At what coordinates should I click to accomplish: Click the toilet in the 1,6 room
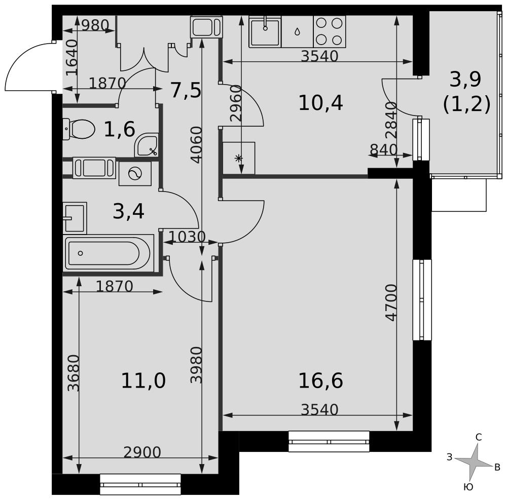(x=79, y=129)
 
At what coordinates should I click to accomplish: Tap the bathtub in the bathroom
(x=108, y=253)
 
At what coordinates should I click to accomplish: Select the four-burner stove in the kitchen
(x=329, y=31)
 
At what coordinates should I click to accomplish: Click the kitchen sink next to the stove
(x=265, y=31)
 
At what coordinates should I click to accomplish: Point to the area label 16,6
(x=320, y=380)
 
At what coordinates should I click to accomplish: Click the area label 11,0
(x=143, y=380)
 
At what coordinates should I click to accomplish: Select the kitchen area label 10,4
(x=320, y=103)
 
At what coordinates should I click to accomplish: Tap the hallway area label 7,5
(x=186, y=90)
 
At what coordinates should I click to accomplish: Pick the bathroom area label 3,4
(x=128, y=212)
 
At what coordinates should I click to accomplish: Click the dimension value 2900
(x=142, y=452)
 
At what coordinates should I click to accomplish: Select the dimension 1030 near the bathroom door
(x=187, y=237)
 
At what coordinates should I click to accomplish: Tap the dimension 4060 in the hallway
(x=196, y=145)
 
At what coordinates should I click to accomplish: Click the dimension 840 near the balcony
(x=383, y=149)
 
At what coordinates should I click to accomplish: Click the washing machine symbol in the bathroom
(x=135, y=174)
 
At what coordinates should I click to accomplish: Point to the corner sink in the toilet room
(x=146, y=145)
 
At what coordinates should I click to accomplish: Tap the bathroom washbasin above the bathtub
(x=75, y=218)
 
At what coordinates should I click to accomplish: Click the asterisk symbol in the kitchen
(x=238, y=158)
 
